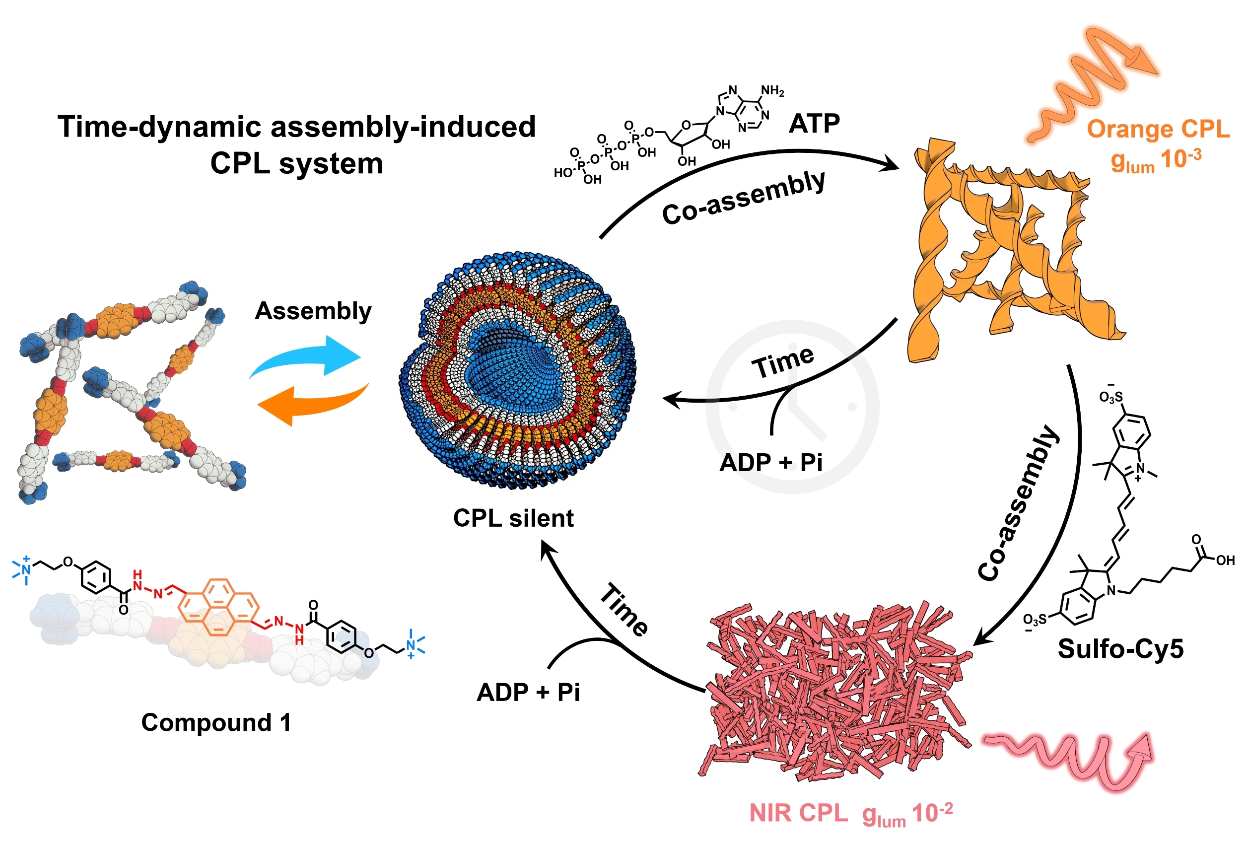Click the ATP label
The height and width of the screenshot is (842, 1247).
pos(814,124)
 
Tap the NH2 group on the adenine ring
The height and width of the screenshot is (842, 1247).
pos(772,91)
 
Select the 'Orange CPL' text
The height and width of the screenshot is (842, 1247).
pos(1158,130)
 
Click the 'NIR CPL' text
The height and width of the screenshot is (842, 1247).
pos(798,813)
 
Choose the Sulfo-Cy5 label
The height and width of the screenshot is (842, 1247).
pos(1120,648)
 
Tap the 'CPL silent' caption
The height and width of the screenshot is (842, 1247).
pos(513,518)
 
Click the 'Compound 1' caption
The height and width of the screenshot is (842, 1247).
pos(216,722)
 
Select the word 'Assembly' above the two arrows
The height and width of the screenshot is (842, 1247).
pos(313,311)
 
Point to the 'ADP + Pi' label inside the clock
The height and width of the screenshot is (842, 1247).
pos(770,462)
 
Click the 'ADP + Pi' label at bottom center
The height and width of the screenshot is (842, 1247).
pos(528,692)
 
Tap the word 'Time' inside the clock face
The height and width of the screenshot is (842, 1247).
pos(783,362)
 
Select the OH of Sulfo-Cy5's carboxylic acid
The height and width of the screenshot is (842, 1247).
pos(1225,561)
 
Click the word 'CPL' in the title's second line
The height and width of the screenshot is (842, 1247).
pos(239,163)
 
